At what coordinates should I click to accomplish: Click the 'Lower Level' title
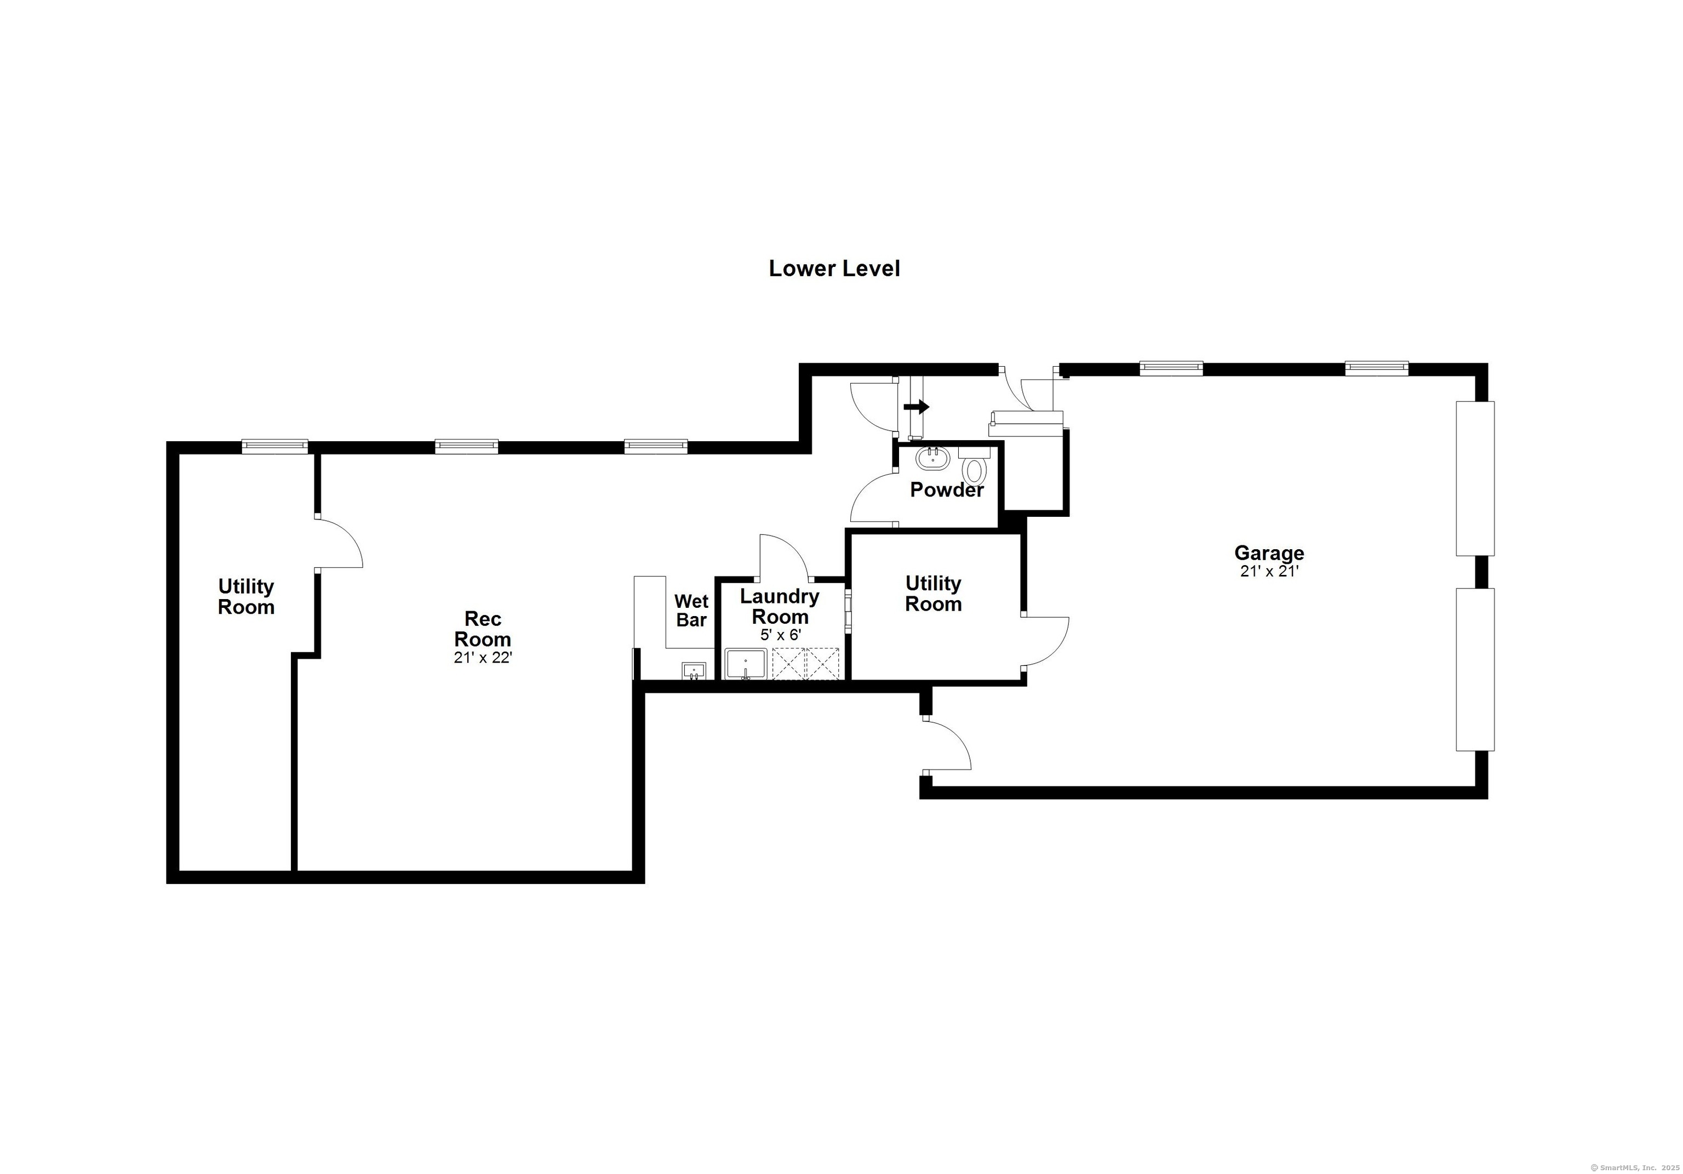coord(834,269)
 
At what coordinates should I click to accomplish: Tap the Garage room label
coord(1269,553)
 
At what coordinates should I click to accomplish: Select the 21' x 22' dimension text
coord(482,658)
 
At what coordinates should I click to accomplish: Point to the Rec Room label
coord(482,629)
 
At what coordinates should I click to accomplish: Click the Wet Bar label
coord(691,611)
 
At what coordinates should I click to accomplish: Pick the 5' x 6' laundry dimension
coord(780,635)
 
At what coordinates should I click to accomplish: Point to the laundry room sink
coord(746,664)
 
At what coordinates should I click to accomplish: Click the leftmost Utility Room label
coord(247,597)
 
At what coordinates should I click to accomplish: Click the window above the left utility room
coord(275,446)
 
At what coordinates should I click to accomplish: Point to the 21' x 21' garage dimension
coord(1269,571)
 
